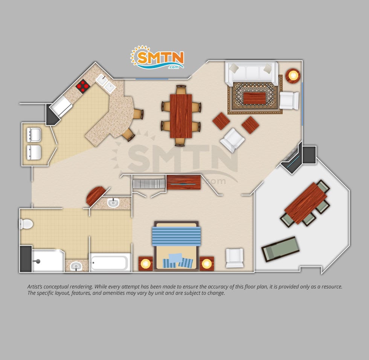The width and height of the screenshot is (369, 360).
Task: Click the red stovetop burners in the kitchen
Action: pyautogui.click(x=83, y=87)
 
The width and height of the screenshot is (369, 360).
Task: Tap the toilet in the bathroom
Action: pyautogui.click(x=26, y=224)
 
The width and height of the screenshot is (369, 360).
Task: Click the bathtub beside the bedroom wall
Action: pyautogui.click(x=110, y=262)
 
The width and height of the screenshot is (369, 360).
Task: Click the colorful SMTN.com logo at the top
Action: pyautogui.click(x=157, y=58)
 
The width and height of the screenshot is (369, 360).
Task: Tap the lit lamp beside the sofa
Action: pyautogui.click(x=293, y=76)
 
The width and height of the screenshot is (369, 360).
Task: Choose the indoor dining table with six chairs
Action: pyautogui.click(x=181, y=116)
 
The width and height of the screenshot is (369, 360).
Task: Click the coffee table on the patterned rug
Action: pyautogui.click(x=255, y=98)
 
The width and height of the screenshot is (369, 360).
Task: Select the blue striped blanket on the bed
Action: pyautogui.click(x=176, y=236)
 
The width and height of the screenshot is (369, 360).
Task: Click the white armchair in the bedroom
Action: pyautogui.click(x=235, y=258)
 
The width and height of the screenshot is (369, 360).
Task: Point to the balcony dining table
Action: pyautogui.click(x=305, y=203)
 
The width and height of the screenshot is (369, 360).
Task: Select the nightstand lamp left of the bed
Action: pyautogui.click(x=146, y=264)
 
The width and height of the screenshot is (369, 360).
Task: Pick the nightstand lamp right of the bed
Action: pyautogui.click(x=207, y=264)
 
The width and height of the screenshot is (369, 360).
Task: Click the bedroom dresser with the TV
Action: pyautogui.click(x=184, y=182)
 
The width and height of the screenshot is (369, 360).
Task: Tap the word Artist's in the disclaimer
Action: pyautogui.click(x=35, y=287)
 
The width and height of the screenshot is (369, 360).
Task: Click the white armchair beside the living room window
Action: pyautogui.click(x=289, y=101)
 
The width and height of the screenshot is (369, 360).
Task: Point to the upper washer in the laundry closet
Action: pyautogui.click(x=34, y=134)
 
